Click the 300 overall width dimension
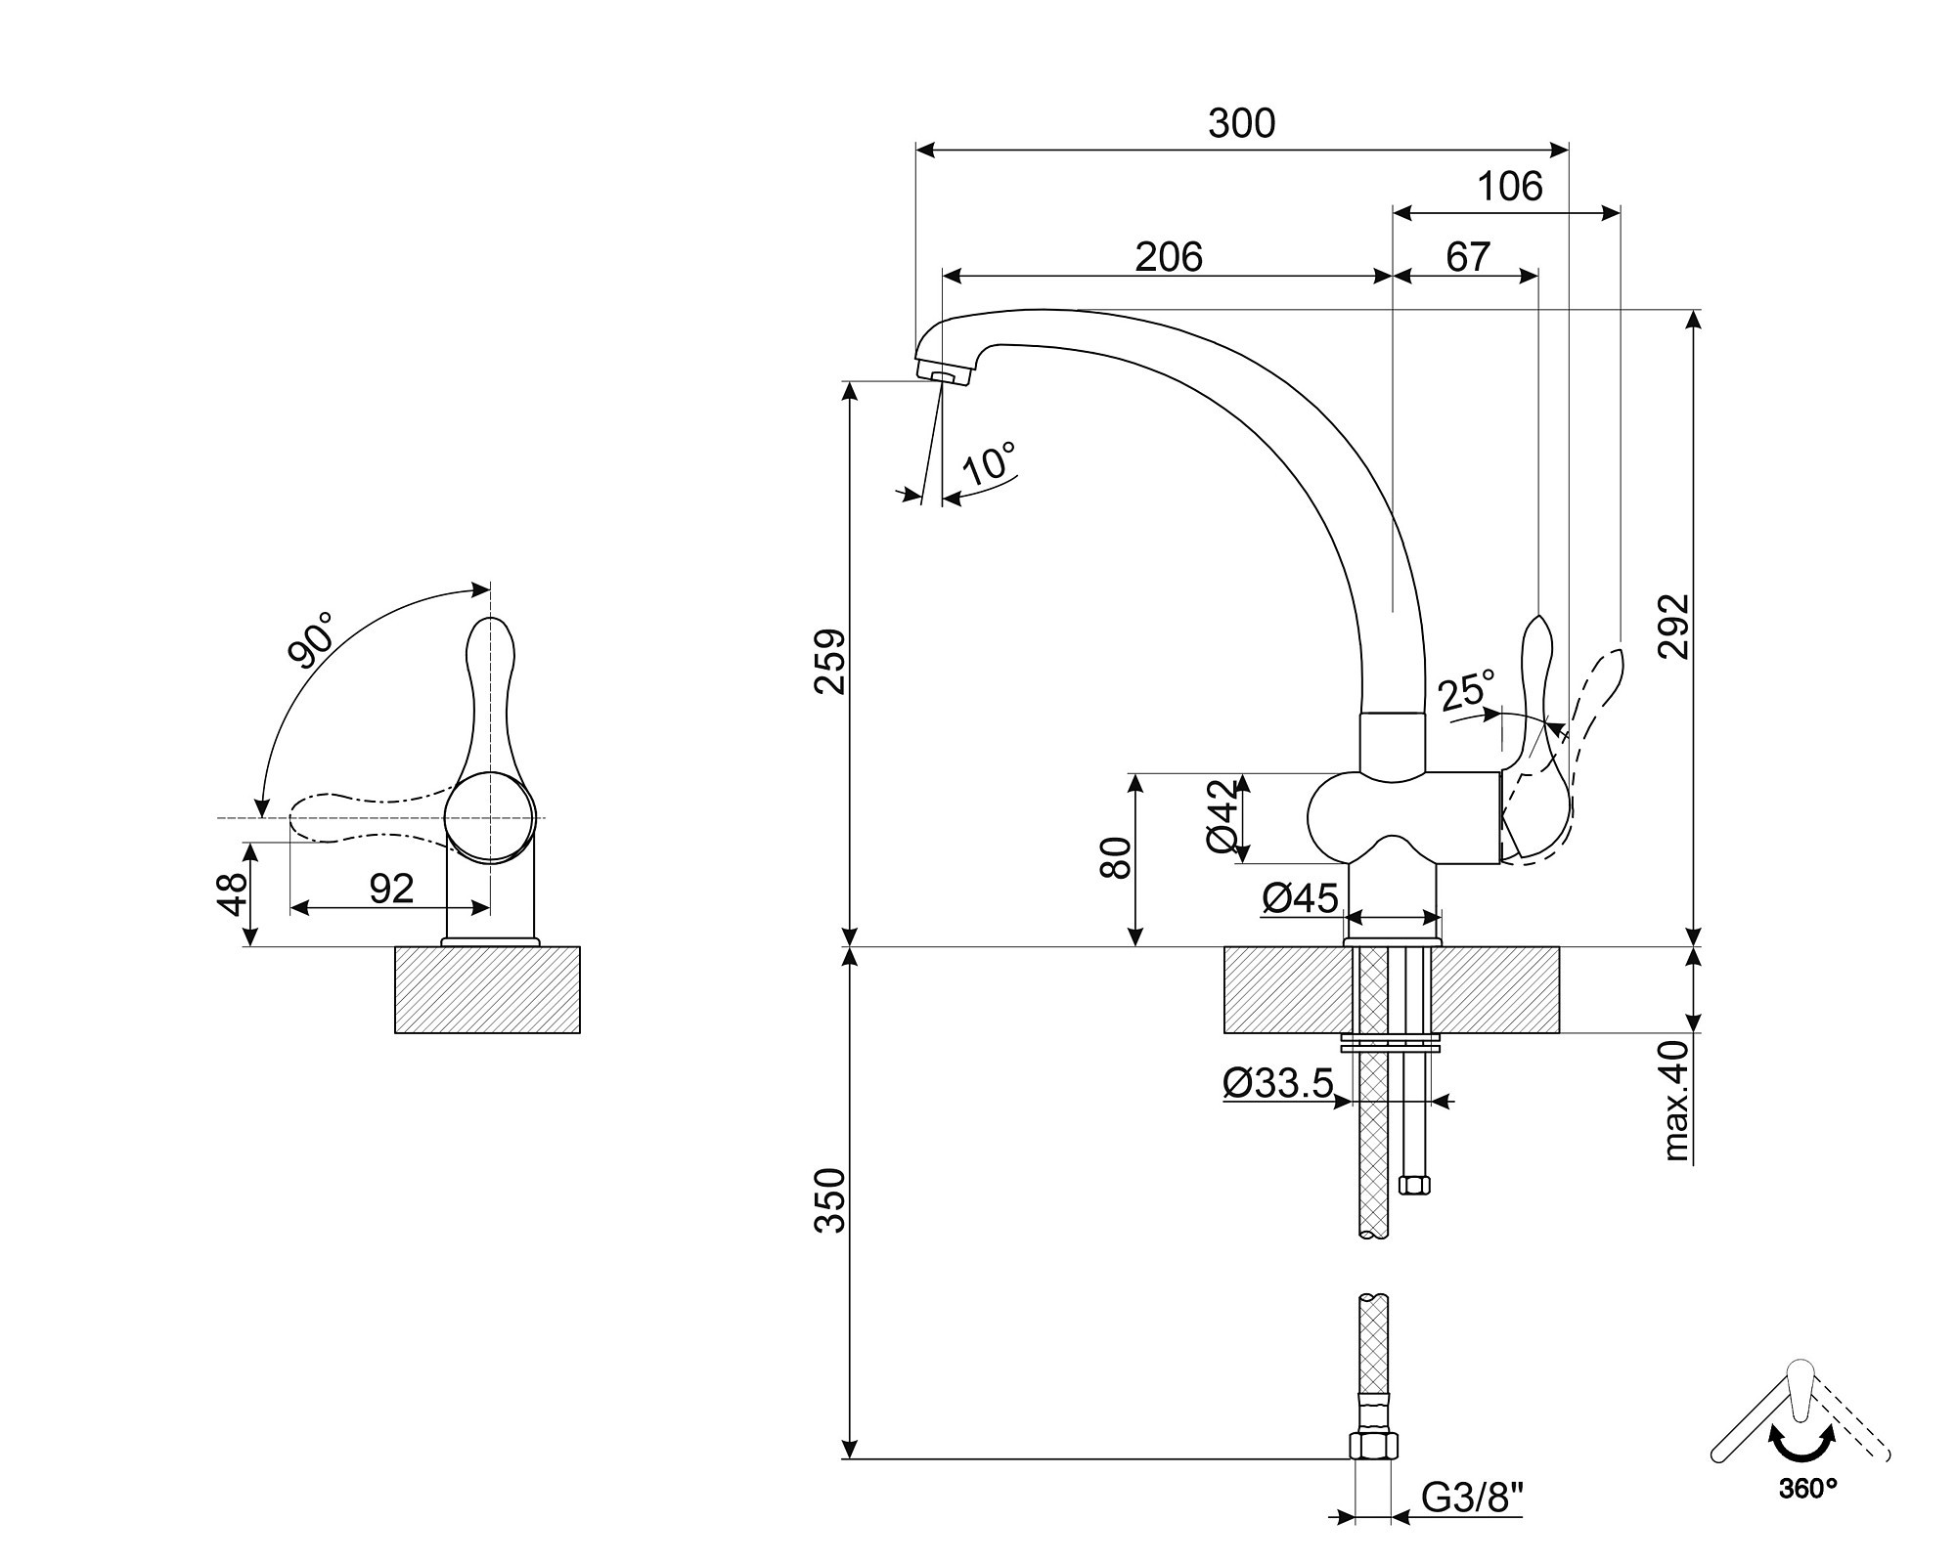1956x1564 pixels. [x=1241, y=124]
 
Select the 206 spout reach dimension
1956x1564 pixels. [x=1168, y=257]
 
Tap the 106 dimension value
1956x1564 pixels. [x=1509, y=186]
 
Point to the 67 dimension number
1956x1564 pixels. [x=1467, y=257]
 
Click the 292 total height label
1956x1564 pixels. [x=1674, y=627]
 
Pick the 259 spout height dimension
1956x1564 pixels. [x=830, y=662]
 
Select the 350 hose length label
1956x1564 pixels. [x=830, y=1200]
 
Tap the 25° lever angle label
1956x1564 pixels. [x=1467, y=690]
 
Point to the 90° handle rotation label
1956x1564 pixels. [x=311, y=640]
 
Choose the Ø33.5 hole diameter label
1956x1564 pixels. [x=1277, y=1082]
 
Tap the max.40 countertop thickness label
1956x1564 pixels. [x=1676, y=1101]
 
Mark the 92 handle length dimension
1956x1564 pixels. [x=391, y=888]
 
